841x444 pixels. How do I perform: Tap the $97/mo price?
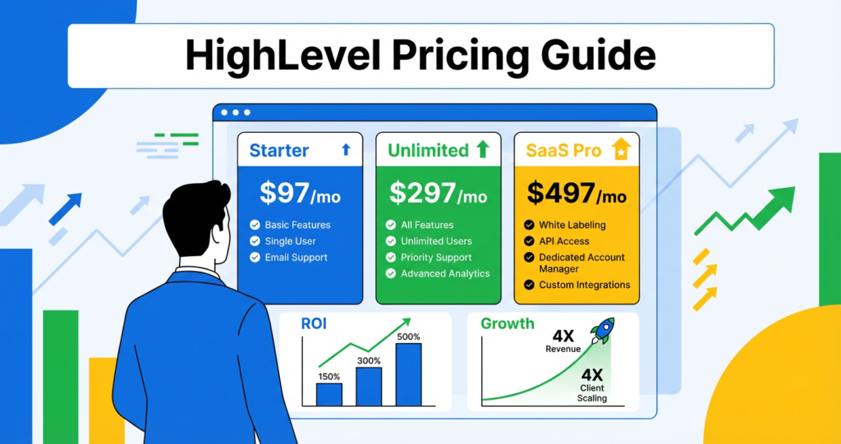click(x=300, y=194)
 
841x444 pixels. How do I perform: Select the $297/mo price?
click(x=438, y=194)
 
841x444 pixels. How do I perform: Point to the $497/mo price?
click(x=577, y=194)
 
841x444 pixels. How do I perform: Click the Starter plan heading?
click(x=279, y=150)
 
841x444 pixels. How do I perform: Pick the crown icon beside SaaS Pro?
click(x=621, y=149)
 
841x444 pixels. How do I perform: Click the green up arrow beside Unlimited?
click(x=483, y=149)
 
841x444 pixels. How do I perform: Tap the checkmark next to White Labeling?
click(x=530, y=225)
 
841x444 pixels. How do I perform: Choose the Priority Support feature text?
click(x=436, y=258)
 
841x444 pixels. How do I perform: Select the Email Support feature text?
click(x=296, y=258)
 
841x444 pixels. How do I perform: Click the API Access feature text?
click(x=564, y=241)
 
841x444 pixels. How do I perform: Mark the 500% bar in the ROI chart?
click(x=408, y=374)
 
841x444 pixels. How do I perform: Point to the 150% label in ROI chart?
click(x=329, y=377)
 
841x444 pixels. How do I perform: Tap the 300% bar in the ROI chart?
click(x=369, y=386)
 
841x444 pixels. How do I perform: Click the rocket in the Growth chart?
click(x=602, y=331)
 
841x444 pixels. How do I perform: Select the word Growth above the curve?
click(x=507, y=323)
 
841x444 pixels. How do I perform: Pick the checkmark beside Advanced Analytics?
click(x=391, y=274)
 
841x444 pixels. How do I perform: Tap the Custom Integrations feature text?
click(x=584, y=285)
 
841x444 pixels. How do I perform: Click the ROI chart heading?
click(x=314, y=323)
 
